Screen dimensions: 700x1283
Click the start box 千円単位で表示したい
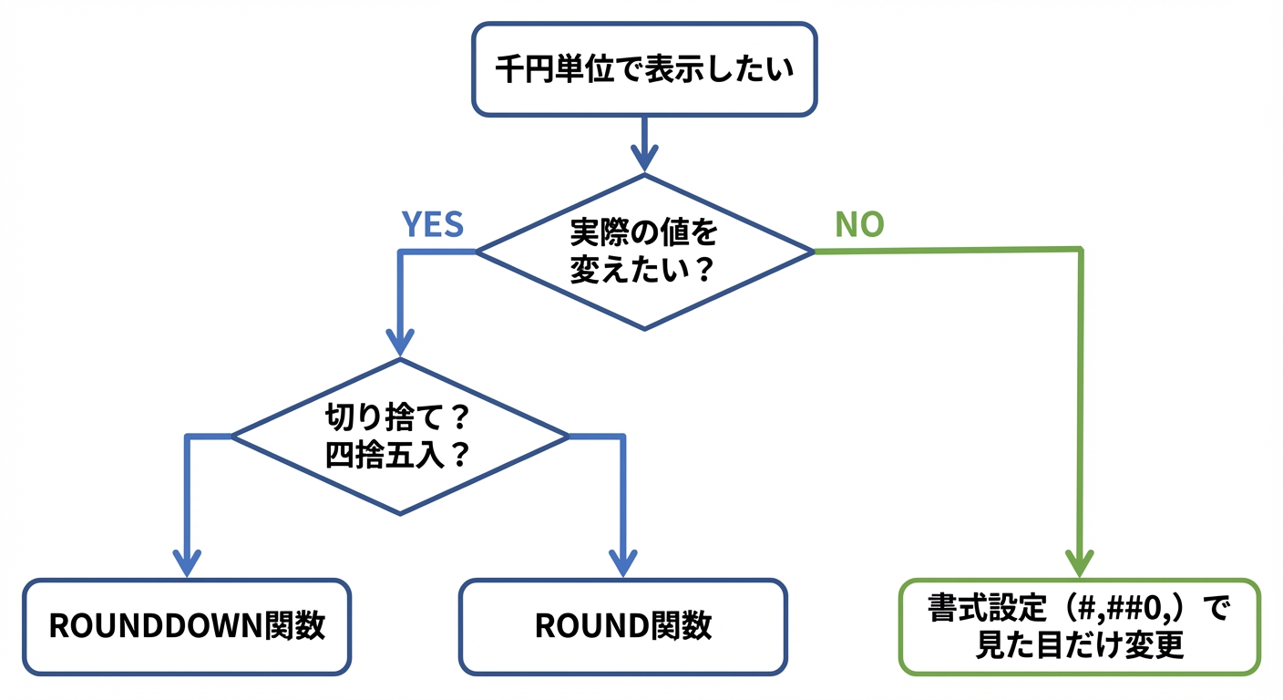click(643, 69)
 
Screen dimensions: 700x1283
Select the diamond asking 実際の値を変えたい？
click(645, 252)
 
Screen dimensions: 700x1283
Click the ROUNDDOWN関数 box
click(187, 627)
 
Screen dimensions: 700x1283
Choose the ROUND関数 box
click(623, 627)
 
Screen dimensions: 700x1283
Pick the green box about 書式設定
click(1080, 627)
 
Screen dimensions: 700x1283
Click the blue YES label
click(433, 224)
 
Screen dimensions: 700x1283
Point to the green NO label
click(859, 224)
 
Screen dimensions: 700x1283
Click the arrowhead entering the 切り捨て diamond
click(400, 342)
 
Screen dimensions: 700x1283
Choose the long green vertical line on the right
click(1081, 401)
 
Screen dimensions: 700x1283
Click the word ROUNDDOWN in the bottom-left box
click(156, 627)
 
